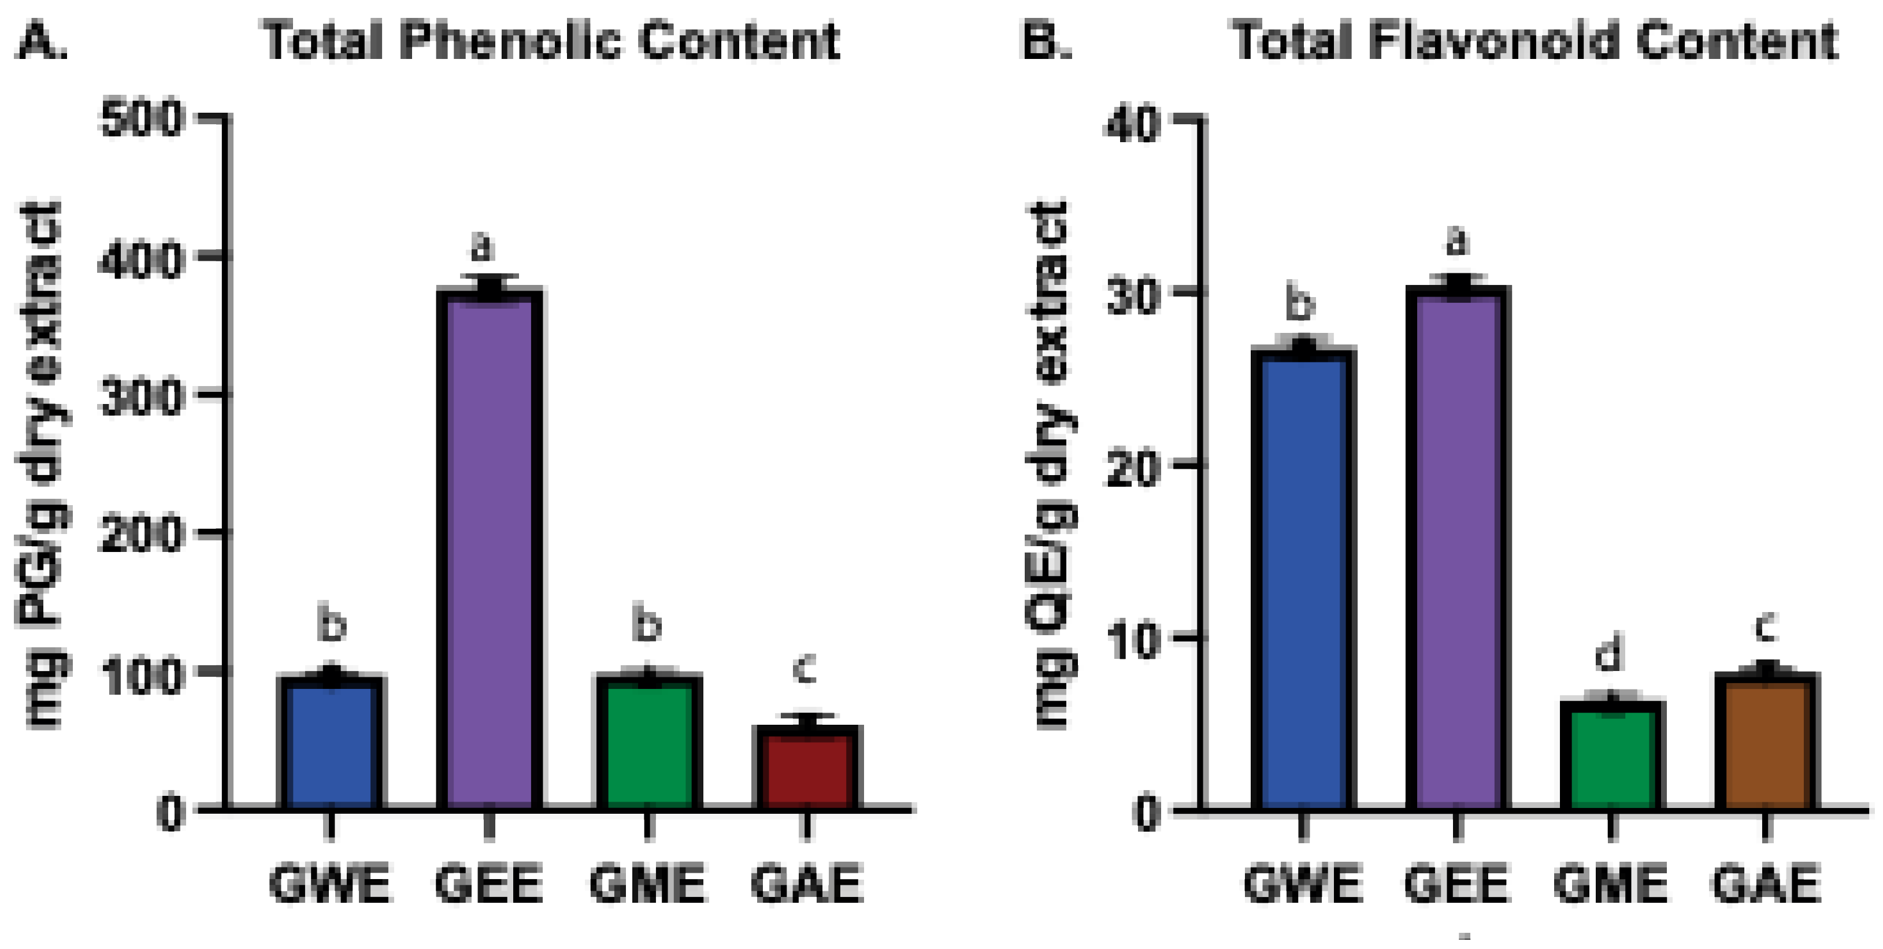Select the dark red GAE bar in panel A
[x=806, y=769]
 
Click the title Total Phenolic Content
[x=552, y=40]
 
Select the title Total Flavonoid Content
[x=1535, y=40]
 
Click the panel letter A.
[x=42, y=40]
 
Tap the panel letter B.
[x=1046, y=40]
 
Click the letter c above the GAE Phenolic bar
[x=804, y=668]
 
